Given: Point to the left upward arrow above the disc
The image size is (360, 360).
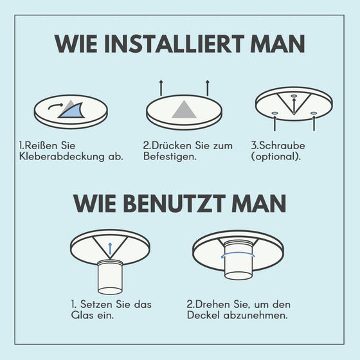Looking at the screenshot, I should pos(161,88).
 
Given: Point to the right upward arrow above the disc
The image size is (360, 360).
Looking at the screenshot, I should pos(207,88).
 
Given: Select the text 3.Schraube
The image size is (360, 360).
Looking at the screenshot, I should pos(278,145).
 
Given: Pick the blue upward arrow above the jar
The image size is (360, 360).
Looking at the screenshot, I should pos(111,249).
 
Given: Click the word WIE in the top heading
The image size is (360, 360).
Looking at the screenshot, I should pos(76,44).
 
